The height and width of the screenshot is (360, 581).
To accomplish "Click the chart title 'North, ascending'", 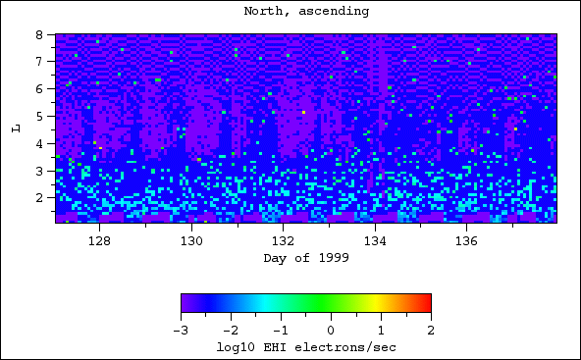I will pyautogui.click(x=306, y=12).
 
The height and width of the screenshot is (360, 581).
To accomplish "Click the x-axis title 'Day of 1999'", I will pyautogui.click(x=306, y=258).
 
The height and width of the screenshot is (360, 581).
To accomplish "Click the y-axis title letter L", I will pyautogui.click(x=16, y=129).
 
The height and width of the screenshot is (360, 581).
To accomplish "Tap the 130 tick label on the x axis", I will pyautogui.click(x=191, y=240).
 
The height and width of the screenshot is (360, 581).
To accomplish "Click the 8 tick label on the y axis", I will pyautogui.click(x=39, y=34).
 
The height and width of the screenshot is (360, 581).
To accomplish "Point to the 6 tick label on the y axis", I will pyautogui.click(x=39, y=88).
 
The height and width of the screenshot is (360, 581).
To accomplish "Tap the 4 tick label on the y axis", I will pyautogui.click(x=39, y=143).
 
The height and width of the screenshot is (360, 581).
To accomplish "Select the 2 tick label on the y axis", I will pyautogui.click(x=39, y=197).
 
